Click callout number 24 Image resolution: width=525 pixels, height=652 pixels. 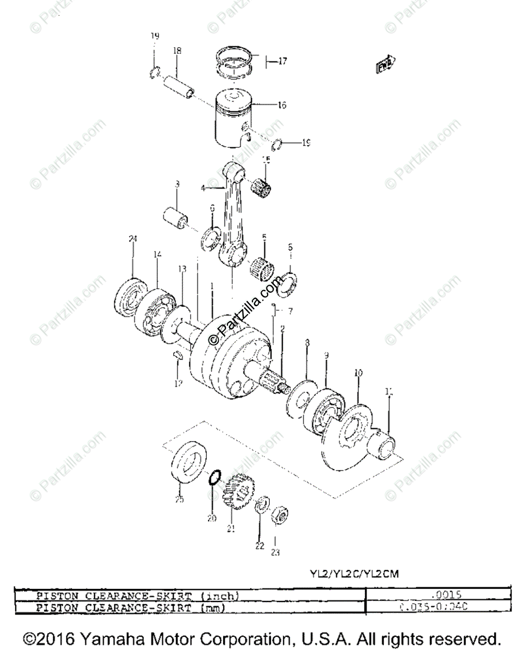coord(132,239)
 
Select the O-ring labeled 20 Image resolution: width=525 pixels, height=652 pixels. coord(214,478)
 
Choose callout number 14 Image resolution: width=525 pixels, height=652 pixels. coord(157,254)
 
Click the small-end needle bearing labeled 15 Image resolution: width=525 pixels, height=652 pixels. coord(263,186)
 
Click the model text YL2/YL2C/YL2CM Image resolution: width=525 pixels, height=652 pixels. coord(355,574)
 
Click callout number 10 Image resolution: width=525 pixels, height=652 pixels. coord(358,373)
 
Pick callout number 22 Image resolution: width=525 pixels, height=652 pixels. coord(260,545)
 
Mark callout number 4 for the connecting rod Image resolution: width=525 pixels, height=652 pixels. coord(203,189)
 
